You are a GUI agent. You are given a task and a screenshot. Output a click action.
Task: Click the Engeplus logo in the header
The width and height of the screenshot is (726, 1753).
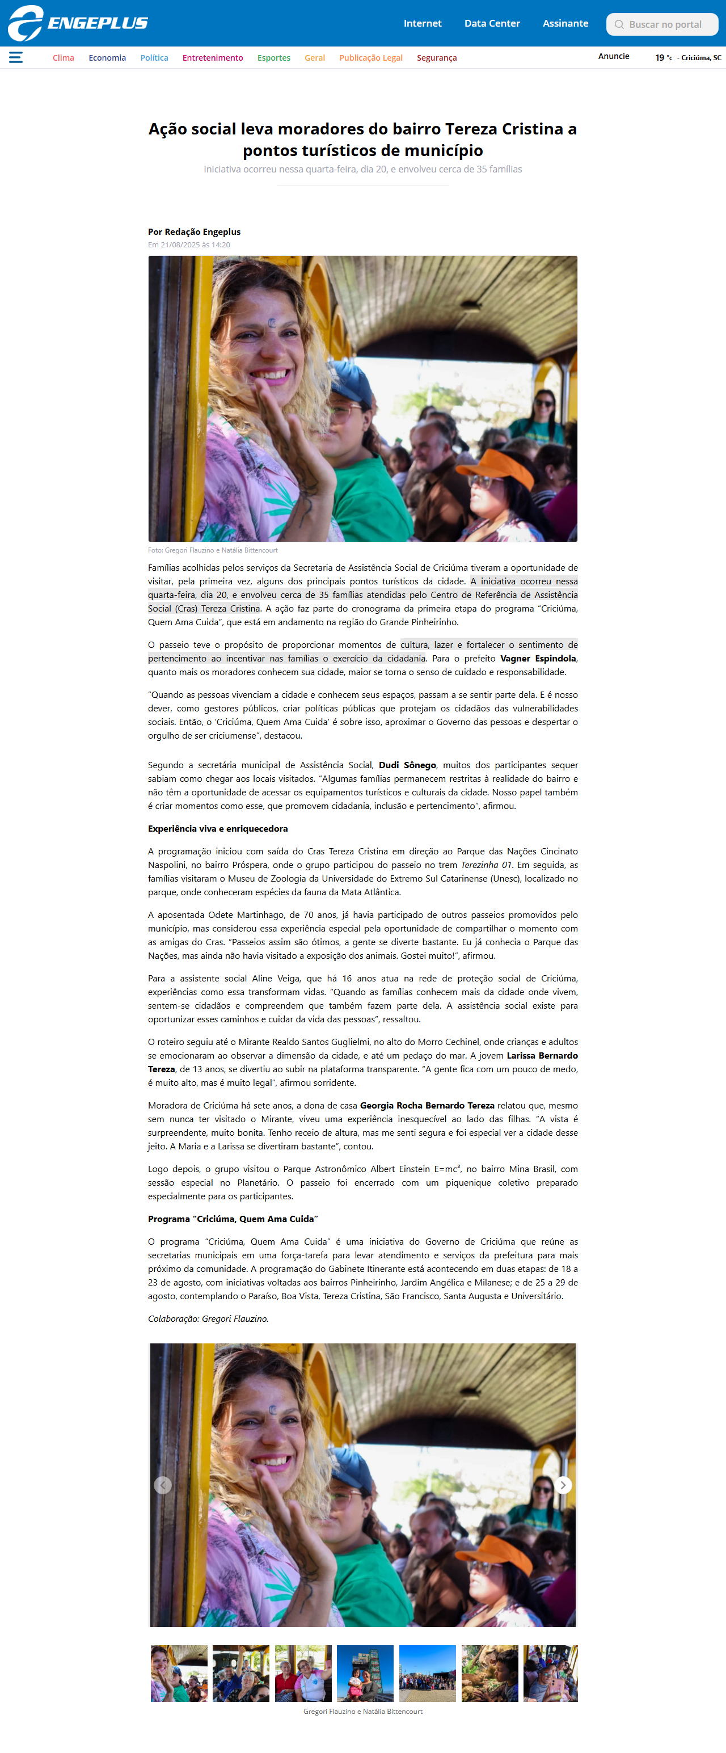coord(78,23)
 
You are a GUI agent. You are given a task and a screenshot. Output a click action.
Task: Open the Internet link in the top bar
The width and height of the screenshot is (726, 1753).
coord(422,23)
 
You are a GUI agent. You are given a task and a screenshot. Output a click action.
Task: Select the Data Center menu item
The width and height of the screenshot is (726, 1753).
coord(491,23)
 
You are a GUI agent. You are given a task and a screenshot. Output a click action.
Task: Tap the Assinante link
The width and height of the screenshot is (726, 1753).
coord(565,23)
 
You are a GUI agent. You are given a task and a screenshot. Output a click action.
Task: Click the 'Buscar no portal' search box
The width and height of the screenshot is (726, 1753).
coord(664,24)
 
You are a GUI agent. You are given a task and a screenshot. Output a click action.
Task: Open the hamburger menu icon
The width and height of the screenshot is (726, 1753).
coord(16,57)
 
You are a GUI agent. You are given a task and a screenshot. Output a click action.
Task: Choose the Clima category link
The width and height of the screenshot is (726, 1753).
coord(64,58)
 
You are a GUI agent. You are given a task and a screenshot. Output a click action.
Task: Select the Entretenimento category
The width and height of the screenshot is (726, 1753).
coord(212,58)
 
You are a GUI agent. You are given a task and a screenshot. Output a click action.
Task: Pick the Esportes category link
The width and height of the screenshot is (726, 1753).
coord(273,58)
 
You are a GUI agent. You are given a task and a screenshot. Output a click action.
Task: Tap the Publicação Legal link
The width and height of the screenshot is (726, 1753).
coord(371,58)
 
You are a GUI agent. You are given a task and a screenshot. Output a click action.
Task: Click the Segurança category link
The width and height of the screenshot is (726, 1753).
coord(436,58)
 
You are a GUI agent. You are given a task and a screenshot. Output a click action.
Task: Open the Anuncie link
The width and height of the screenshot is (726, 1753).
coord(613,57)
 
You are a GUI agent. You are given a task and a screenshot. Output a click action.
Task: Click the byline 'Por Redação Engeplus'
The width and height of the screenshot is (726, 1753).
coord(194,232)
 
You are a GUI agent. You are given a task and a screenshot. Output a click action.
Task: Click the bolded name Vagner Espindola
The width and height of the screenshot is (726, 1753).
coord(538,658)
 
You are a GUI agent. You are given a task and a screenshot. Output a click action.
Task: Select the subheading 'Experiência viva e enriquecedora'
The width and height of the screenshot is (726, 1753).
coord(218,828)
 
